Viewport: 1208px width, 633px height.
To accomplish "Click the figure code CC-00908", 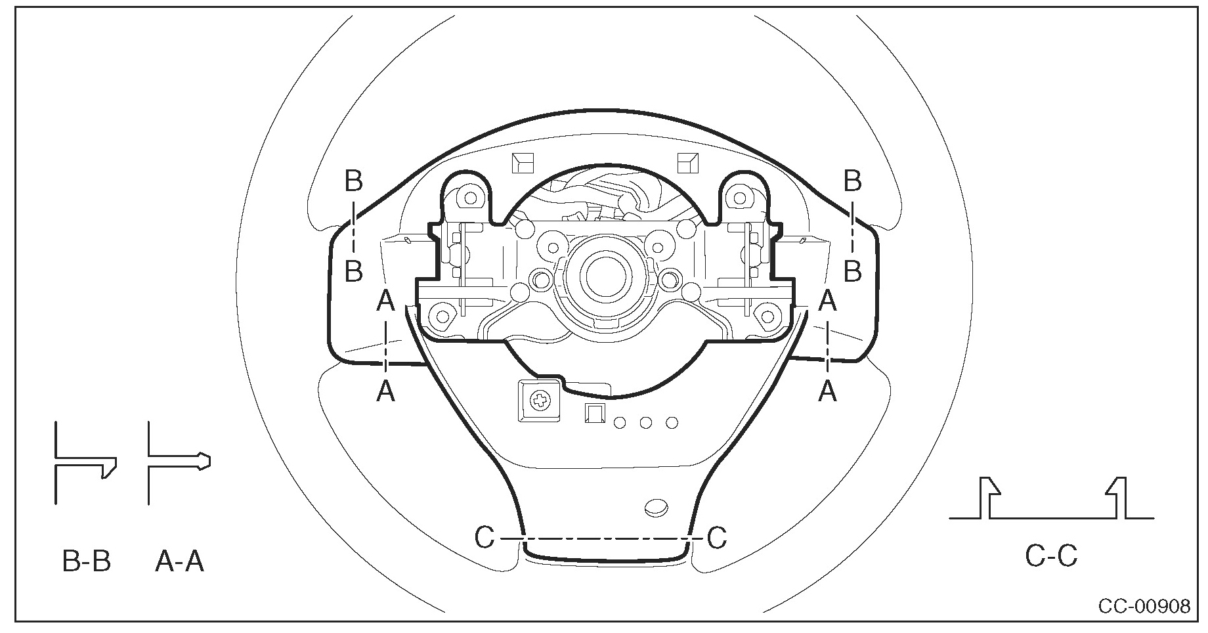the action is tap(1144, 605).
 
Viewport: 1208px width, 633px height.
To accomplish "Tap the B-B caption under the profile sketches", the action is tap(87, 561).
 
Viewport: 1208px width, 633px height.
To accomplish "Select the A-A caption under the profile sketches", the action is tap(180, 561).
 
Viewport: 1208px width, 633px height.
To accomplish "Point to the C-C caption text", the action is tap(1051, 556).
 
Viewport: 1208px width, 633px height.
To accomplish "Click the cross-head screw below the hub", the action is tap(541, 400).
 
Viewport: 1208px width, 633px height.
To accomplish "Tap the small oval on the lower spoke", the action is tap(657, 506).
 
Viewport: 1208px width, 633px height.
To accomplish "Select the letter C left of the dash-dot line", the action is tap(485, 538).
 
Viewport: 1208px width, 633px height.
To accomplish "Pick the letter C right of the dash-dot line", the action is tap(717, 538).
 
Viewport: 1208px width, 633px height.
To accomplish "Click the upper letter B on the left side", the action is tap(354, 181).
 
